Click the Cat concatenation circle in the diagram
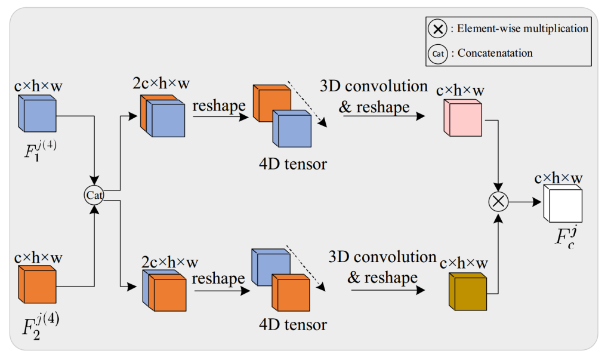coord(94,195)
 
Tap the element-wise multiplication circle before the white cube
coord(498,202)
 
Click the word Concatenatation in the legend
coord(495,53)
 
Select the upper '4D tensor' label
coord(292,163)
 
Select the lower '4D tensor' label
coord(292,325)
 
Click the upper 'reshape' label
coord(219,106)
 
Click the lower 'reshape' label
coord(218,278)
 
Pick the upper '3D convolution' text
coord(374,86)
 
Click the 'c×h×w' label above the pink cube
coord(460,91)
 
